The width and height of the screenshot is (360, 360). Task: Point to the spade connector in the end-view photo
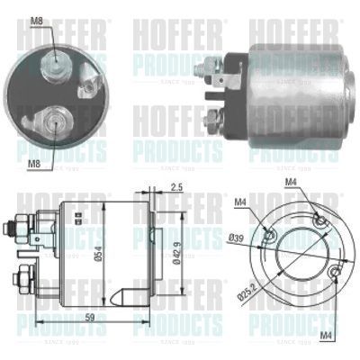[x=87, y=88]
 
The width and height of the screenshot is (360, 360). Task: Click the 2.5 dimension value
[x=176, y=186]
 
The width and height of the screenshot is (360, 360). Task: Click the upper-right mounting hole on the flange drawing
[x=316, y=220]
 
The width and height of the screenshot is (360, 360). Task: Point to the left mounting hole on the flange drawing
[x=269, y=238]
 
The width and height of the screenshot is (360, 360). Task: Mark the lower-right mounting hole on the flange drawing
[x=334, y=271]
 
